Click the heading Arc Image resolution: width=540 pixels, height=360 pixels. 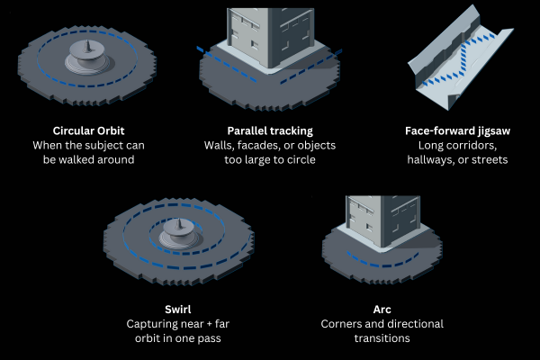point(382,309)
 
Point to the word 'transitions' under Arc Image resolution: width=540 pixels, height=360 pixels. point(382,337)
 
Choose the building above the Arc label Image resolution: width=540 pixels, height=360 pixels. point(382,216)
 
